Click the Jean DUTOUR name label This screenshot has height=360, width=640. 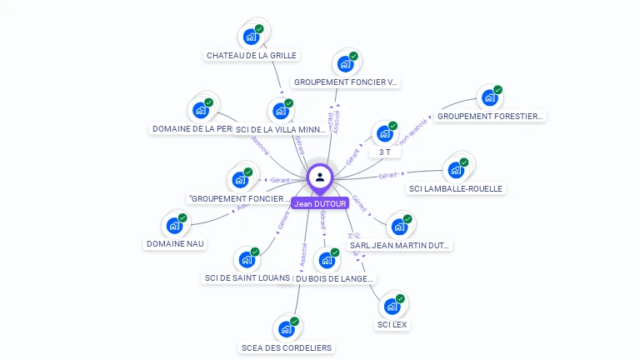pos(320,203)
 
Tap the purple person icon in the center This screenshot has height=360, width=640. pos(320,177)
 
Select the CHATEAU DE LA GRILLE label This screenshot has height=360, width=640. pos(251,56)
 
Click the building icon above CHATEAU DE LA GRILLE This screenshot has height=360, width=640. pos(250,37)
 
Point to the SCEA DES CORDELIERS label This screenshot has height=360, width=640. pos(286,347)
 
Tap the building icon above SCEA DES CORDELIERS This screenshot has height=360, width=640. pos(286,328)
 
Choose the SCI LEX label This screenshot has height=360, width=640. pos(392,324)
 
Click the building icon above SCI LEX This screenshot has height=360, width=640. pos(392,306)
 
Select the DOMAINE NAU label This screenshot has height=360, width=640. pos(175,243)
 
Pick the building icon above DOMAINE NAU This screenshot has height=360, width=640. pos(174,225)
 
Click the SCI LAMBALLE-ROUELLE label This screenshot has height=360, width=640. pos(456,188)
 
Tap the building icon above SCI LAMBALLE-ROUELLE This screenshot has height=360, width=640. pos(455,170)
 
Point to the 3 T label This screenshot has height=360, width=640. pos(384,152)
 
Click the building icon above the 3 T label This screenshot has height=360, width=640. pos(384,133)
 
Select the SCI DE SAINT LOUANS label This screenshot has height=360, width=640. pos(247,277)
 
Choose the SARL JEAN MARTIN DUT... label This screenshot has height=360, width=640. pos(400,245)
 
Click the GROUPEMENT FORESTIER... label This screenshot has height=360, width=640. pos(490,117)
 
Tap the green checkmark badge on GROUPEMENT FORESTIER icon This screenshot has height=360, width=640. pos(497,90)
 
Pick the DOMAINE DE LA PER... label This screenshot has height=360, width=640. pos(192,129)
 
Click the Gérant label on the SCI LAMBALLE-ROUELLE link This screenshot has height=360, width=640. pos(388,176)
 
